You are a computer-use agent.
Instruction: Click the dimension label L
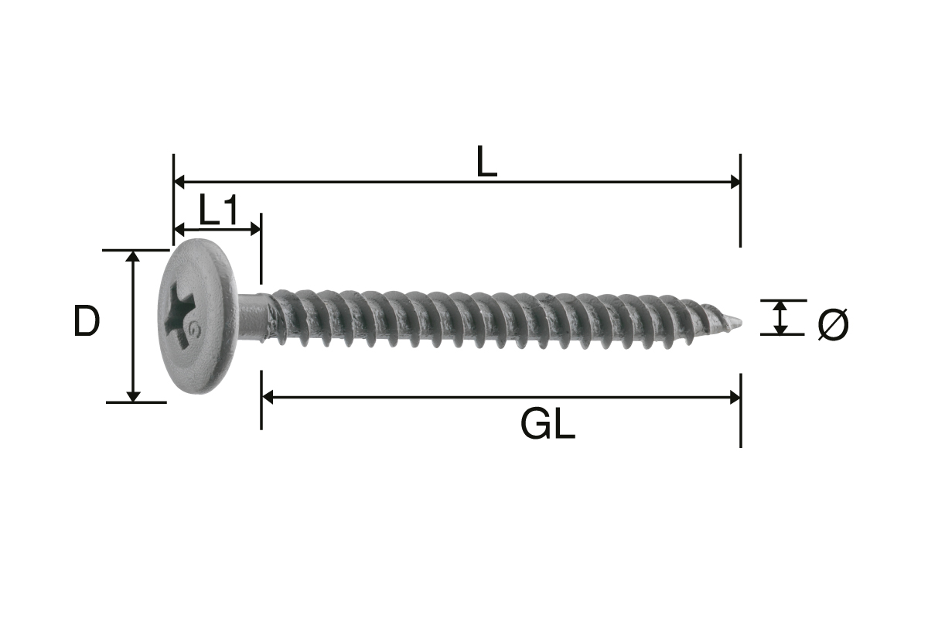pyautogui.click(x=486, y=162)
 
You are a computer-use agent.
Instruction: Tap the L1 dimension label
pyautogui.click(x=219, y=210)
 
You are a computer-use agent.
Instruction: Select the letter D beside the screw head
pyautogui.click(x=87, y=320)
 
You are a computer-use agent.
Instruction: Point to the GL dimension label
pyautogui.click(x=548, y=424)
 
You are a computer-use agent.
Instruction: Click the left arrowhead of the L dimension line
pyautogui.click(x=179, y=182)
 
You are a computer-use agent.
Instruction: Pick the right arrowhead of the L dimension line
pyautogui.click(x=735, y=182)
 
